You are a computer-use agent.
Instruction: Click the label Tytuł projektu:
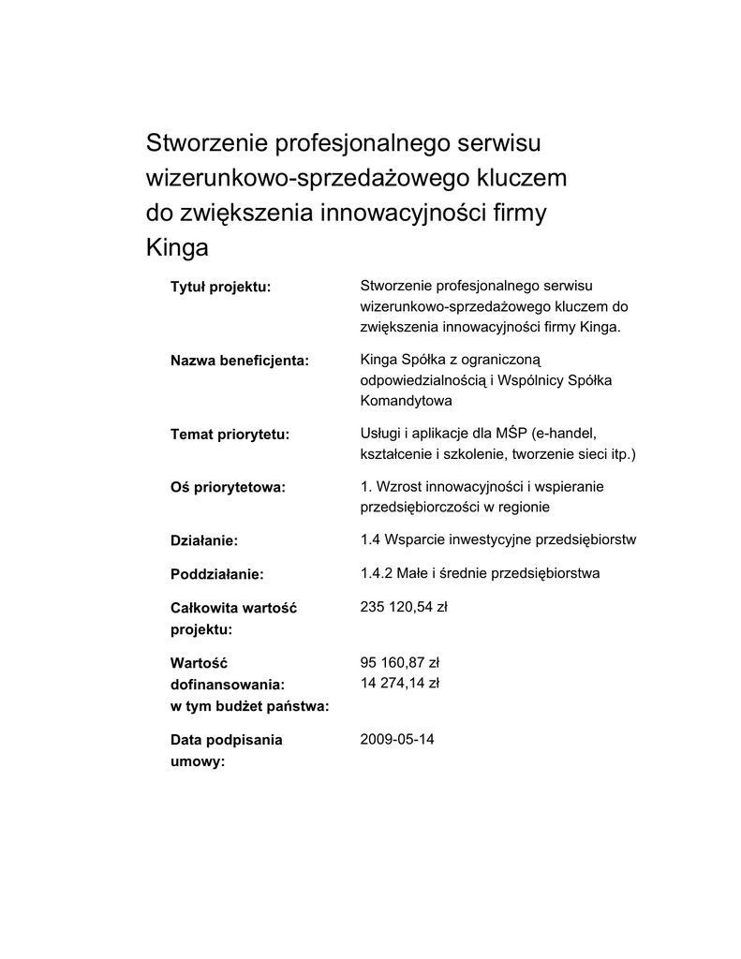pyautogui.click(x=220, y=286)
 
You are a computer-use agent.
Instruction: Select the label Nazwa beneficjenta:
pyautogui.click(x=239, y=361)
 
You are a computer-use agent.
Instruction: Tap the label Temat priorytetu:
pyautogui.click(x=230, y=435)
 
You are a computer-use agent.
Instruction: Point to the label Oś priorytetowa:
pyautogui.click(x=228, y=487)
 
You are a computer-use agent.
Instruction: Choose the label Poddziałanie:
pyautogui.click(x=216, y=573)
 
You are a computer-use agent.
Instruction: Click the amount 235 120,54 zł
pyautogui.click(x=404, y=607)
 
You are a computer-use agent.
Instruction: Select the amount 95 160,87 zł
pyautogui.click(x=400, y=662)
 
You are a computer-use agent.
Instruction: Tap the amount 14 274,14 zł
pyautogui.click(x=400, y=683)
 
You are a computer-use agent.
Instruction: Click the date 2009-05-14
pyautogui.click(x=397, y=739)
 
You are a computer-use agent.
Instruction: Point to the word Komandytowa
pyautogui.click(x=406, y=400)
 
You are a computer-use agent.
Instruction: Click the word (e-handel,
pyautogui.click(x=564, y=433)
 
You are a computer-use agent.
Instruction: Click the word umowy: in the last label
pyautogui.click(x=197, y=762)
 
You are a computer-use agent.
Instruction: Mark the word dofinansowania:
pyautogui.click(x=227, y=685)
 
